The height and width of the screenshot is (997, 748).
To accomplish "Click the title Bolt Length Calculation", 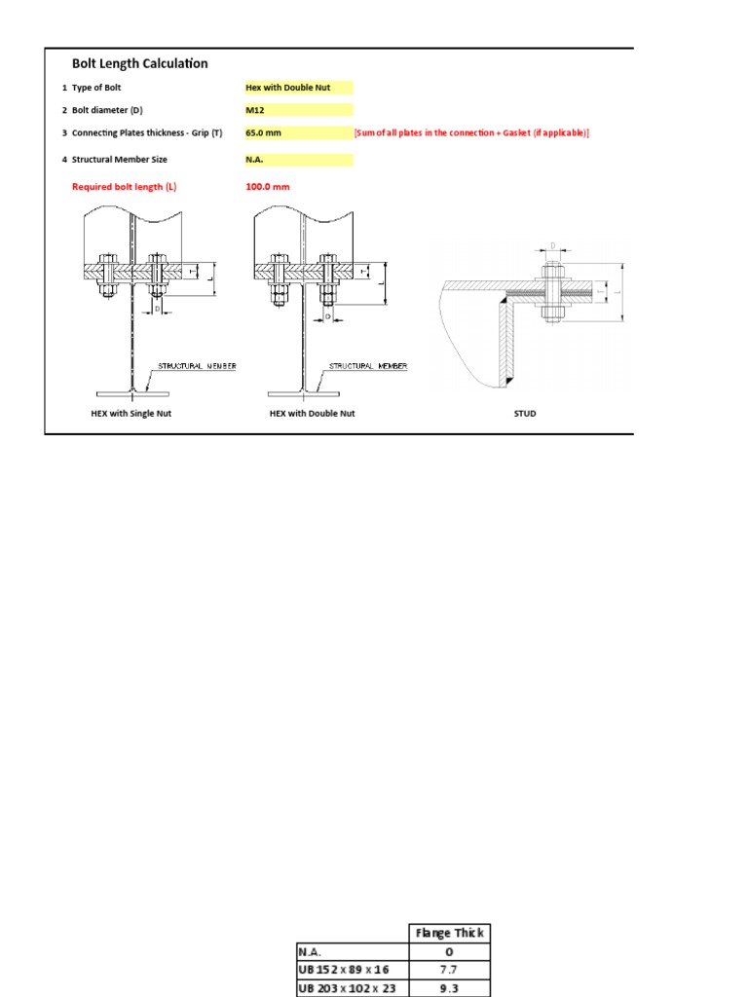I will (x=139, y=63).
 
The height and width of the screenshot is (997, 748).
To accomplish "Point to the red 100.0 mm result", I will (x=268, y=187).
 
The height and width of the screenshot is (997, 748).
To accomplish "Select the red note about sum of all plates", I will (x=471, y=132).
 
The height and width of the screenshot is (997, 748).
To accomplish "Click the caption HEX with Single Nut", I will (x=131, y=414).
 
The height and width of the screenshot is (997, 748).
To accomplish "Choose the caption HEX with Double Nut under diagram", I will (x=312, y=414).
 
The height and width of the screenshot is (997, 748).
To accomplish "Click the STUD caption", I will (x=524, y=414).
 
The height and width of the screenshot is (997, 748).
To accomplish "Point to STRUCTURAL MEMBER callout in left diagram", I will (x=198, y=366).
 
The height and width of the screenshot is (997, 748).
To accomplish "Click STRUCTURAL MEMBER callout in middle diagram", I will (x=368, y=366).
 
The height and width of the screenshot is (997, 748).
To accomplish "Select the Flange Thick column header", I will (x=449, y=933).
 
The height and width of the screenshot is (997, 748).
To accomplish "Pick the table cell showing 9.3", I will (x=449, y=988).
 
